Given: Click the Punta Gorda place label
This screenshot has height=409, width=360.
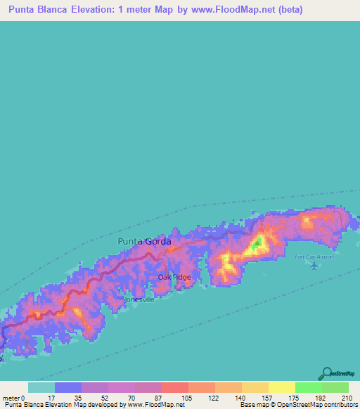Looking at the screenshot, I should point(143,241).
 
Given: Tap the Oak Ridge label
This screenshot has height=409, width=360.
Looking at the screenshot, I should point(174,277).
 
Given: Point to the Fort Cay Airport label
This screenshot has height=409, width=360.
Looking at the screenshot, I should point(314,257).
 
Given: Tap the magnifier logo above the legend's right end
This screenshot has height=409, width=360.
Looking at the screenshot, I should point(326,373).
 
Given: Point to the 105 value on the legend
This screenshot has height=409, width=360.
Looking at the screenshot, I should point(188,397).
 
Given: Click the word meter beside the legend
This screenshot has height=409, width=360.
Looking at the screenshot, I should point(12,397).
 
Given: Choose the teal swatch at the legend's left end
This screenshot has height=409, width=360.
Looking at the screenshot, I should point(41,387).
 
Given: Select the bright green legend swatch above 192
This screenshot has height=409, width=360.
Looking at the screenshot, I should point(308,387).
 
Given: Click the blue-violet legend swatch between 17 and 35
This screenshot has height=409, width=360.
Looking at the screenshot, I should point(67,387).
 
